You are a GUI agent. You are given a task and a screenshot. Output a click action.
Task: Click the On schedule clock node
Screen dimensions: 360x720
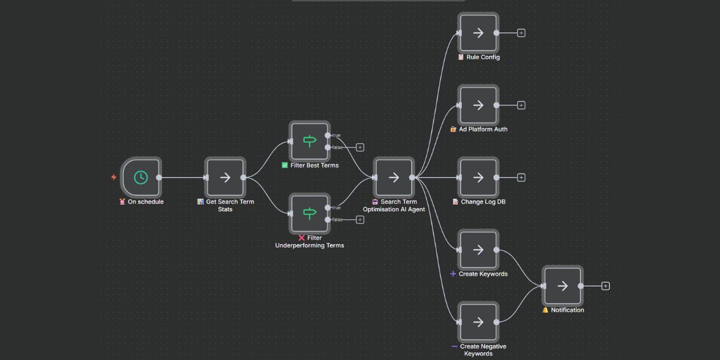tap(140, 178)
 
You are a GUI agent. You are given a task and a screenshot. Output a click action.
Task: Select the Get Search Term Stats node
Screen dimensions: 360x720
tap(225, 178)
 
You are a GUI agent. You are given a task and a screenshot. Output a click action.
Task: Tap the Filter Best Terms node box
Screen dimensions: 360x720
tap(310, 142)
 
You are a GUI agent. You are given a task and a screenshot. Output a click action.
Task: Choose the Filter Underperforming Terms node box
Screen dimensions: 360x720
tap(310, 214)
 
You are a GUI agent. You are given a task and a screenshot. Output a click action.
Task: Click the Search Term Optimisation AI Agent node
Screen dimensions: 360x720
tap(394, 178)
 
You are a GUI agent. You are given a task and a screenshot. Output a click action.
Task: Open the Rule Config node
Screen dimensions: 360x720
tap(478, 33)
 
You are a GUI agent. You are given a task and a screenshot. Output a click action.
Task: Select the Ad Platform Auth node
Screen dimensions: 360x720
tap(478, 105)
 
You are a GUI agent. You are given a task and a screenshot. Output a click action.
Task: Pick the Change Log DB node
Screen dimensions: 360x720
tap(478, 178)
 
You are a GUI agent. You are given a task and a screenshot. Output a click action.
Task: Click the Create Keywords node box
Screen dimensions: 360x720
tap(478, 250)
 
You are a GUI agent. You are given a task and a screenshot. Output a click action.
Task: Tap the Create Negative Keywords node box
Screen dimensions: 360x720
tap(478, 322)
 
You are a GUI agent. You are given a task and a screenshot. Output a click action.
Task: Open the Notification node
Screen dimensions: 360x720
tap(562, 286)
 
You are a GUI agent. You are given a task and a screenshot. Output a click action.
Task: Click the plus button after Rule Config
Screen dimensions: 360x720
tap(521, 33)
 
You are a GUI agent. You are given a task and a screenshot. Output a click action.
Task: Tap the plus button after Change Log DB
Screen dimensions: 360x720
tap(521, 178)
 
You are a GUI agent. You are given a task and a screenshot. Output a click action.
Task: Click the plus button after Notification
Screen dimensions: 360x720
tap(605, 286)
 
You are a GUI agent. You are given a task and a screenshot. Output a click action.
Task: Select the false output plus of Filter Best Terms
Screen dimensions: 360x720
tap(360, 148)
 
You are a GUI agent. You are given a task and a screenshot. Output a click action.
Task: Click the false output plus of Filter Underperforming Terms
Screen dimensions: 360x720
tap(360, 220)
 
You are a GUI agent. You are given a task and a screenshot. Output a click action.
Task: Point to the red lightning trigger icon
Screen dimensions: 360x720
tap(114, 178)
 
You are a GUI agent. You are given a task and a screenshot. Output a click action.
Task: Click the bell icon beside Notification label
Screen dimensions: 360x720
tap(545, 310)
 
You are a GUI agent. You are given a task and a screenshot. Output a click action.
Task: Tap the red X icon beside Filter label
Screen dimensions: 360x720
tap(301, 238)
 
